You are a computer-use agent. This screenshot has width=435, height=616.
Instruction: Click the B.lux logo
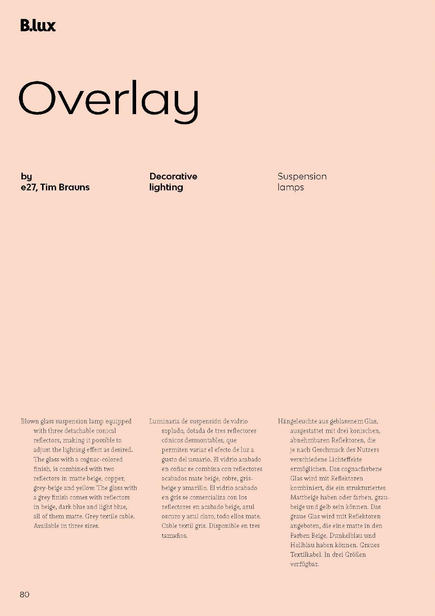point(38,26)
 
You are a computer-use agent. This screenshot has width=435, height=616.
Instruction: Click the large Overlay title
point(109,100)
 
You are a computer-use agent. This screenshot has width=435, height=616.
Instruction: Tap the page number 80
point(25,595)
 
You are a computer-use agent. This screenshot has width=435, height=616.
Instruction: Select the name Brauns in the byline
point(74,187)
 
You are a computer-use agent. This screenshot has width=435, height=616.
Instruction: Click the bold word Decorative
point(173,176)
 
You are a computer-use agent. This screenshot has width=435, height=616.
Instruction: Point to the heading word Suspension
point(302,176)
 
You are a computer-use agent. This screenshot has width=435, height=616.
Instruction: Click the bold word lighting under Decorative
point(166,187)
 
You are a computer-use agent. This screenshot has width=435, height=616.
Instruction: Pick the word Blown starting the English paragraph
point(29,421)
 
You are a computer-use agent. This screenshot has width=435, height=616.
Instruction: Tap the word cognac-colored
point(101,459)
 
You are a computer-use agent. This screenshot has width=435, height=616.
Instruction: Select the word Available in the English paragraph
point(46,526)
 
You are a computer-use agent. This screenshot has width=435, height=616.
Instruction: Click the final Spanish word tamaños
point(174,536)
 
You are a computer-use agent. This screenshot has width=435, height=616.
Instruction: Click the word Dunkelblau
point(346,536)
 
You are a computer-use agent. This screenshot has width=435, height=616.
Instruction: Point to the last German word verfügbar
point(304,564)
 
